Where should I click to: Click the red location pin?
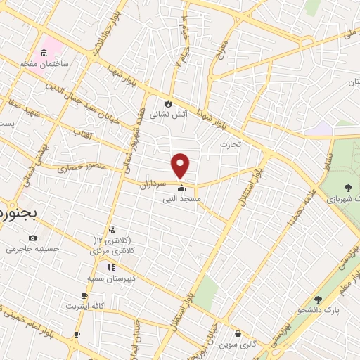pyautogui.click(x=181, y=165)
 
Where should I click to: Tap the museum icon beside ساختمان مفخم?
pyautogui.click(x=44, y=53)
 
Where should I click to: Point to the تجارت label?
pyautogui.click(x=229, y=144)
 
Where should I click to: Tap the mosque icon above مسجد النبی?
pyautogui.click(x=181, y=188)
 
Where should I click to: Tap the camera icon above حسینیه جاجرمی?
pyautogui.click(x=32, y=238)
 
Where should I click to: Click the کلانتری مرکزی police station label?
pyautogui.click(x=112, y=250)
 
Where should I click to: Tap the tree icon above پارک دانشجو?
pyautogui.click(x=318, y=300)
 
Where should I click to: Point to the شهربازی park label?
pyautogui.click(x=342, y=200)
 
